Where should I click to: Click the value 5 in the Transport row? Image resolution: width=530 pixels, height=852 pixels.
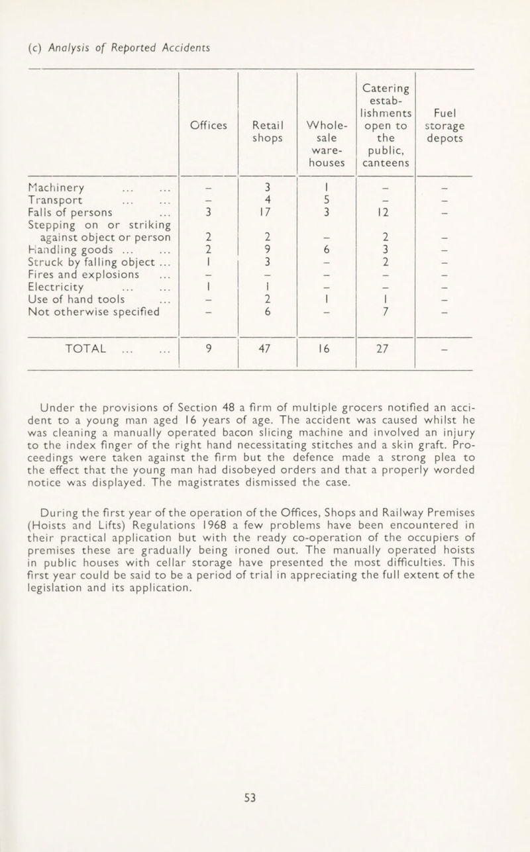[319, 199]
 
